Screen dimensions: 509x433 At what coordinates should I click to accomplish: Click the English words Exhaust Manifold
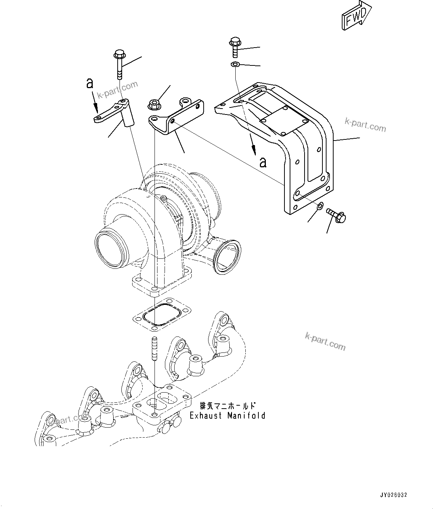(227, 415)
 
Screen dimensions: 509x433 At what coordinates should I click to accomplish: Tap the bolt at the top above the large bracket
(235, 46)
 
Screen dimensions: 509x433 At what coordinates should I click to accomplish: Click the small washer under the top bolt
(235, 65)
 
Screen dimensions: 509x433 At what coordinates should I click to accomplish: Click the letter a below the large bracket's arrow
(263, 162)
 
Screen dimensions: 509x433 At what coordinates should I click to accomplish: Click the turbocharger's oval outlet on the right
(227, 257)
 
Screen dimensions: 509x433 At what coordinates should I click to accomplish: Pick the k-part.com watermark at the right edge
(365, 125)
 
